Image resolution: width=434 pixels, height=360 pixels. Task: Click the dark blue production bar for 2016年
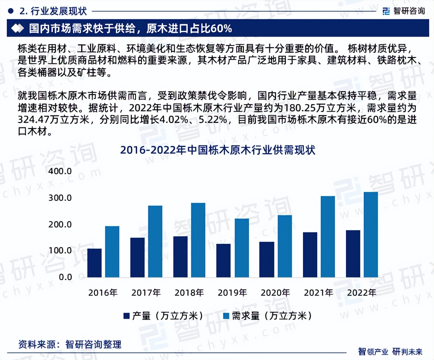pos(95,263)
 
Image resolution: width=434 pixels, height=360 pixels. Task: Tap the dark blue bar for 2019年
pos(223,260)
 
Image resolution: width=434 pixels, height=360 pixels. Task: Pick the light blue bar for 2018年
pos(198,240)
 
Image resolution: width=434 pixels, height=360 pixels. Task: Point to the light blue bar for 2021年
pos(328,236)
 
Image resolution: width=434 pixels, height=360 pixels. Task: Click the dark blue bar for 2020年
pos(266,259)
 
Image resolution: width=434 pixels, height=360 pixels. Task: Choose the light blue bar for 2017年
pos(155,241)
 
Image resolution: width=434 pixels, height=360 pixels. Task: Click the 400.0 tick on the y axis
pos(60,171)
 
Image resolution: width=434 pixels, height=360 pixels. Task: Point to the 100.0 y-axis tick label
pos(60,251)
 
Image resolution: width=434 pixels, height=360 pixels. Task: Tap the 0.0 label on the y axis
pos(65,277)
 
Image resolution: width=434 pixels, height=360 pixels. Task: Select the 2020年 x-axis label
pos(275,293)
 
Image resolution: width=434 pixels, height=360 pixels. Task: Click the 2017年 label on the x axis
pos(146,293)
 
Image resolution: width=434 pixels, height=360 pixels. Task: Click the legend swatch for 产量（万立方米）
pos(127,316)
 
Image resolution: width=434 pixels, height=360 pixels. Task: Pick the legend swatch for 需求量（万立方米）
pos(226,316)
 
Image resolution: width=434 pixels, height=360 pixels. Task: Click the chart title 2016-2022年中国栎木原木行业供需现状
pos(217,150)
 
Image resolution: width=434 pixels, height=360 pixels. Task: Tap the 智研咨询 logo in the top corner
pos(404,11)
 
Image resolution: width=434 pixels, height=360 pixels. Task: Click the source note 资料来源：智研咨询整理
pos(70,344)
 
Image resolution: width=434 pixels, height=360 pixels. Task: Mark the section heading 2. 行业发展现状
pos(53,11)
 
